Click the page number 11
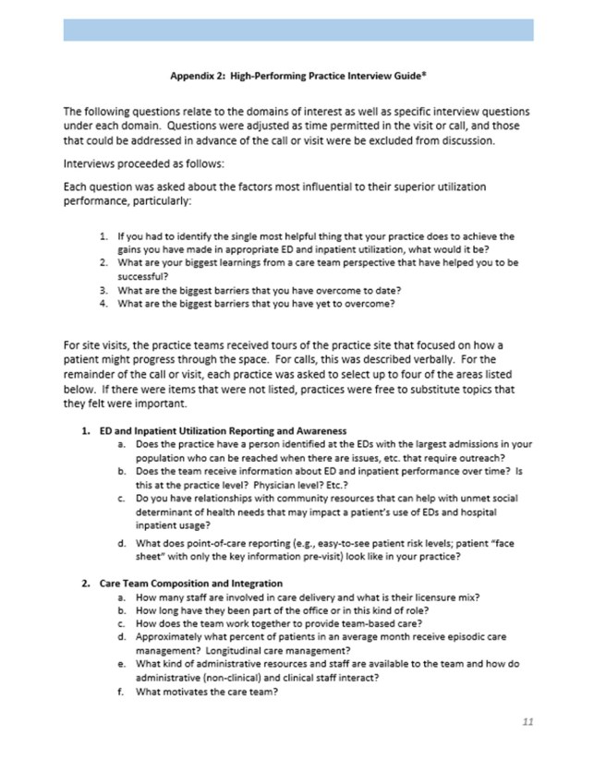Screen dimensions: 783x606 [527, 722]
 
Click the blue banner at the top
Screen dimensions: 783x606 [297, 29]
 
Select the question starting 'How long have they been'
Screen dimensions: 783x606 [281, 610]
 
